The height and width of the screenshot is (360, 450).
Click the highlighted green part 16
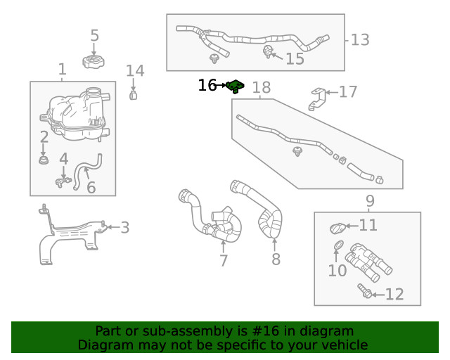[236, 86]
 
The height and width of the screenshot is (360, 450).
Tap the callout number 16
[207, 86]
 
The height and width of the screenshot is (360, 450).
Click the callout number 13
[360, 40]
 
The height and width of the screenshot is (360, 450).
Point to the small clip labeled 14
[133, 94]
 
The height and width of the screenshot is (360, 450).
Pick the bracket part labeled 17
[317, 98]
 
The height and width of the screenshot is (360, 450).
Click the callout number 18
[261, 88]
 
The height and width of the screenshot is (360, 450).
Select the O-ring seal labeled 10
[338, 245]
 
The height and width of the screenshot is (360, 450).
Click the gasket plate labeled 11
[337, 228]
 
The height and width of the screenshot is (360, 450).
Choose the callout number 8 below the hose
[276, 259]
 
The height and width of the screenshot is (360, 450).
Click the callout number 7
[224, 261]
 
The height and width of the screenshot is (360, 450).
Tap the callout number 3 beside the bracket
[124, 227]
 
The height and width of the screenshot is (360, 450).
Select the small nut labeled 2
[44, 162]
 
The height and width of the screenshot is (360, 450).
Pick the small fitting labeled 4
[62, 182]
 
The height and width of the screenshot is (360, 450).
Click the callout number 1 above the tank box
[62, 70]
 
